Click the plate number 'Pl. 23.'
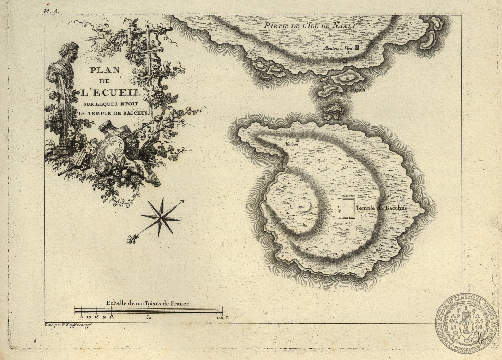(x=51, y=11)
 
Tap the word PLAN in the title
(x=105, y=70)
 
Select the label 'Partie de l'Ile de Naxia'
(x=310, y=25)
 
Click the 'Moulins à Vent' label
(x=338, y=48)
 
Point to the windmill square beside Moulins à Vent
(x=357, y=48)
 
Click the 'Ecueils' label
(x=355, y=90)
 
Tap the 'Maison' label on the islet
(x=291, y=145)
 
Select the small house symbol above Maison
(x=297, y=138)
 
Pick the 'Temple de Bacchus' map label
(x=381, y=208)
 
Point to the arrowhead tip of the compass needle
(x=184, y=200)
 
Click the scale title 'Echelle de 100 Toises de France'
(x=149, y=303)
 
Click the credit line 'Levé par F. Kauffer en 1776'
(x=69, y=325)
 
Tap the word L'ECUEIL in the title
(x=105, y=93)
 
